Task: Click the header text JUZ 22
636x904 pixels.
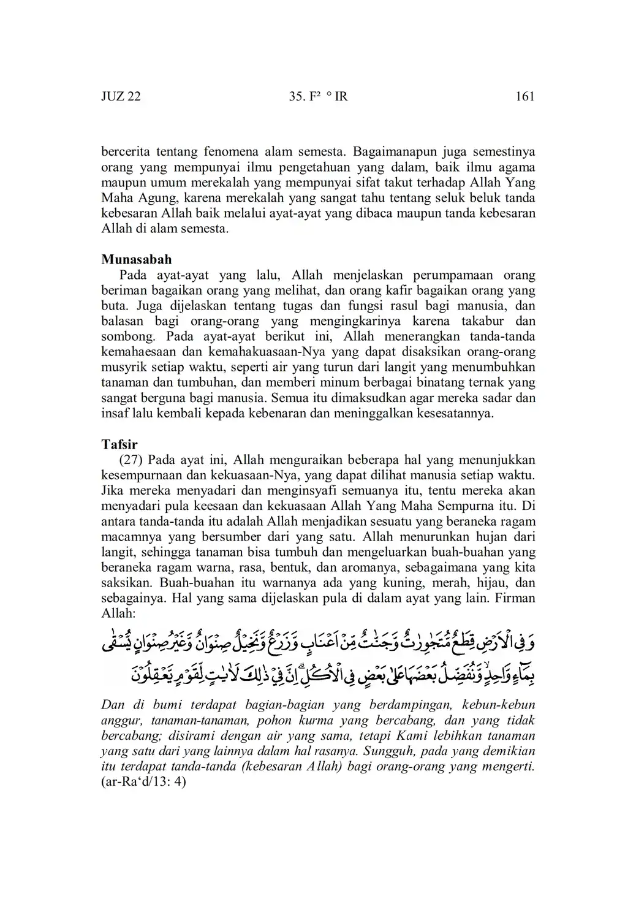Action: click(x=121, y=96)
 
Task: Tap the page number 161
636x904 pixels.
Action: click(x=525, y=96)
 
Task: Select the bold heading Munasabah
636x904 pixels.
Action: click(x=137, y=259)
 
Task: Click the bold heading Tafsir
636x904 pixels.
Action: click(x=119, y=444)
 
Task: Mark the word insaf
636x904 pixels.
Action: click(x=114, y=413)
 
